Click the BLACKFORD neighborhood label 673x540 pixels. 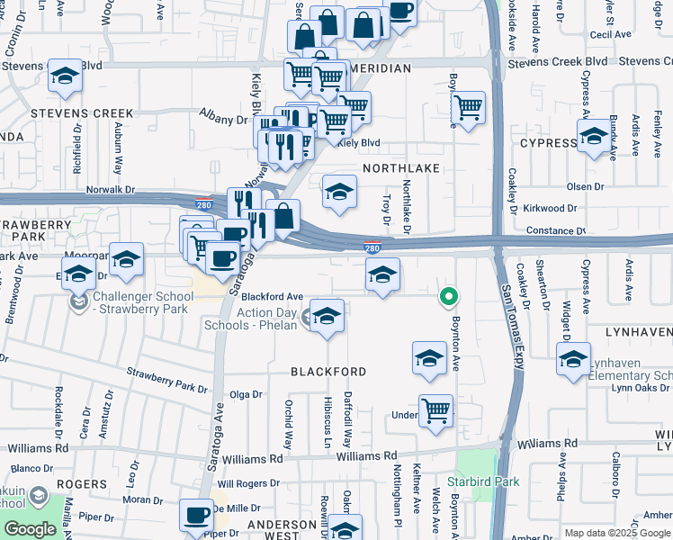[x=328, y=372]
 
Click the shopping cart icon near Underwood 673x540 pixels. [x=436, y=410]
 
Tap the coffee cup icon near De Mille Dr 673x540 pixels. [x=194, y=517]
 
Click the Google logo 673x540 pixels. [x=30, y=529]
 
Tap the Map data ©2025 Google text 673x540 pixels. [x=618, y=533]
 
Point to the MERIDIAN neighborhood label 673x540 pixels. [x=381, y=67]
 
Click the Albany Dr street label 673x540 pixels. [x=228, y=119]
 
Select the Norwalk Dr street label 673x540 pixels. [x=110, y=190]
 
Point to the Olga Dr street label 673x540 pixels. [x=246, y=394]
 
